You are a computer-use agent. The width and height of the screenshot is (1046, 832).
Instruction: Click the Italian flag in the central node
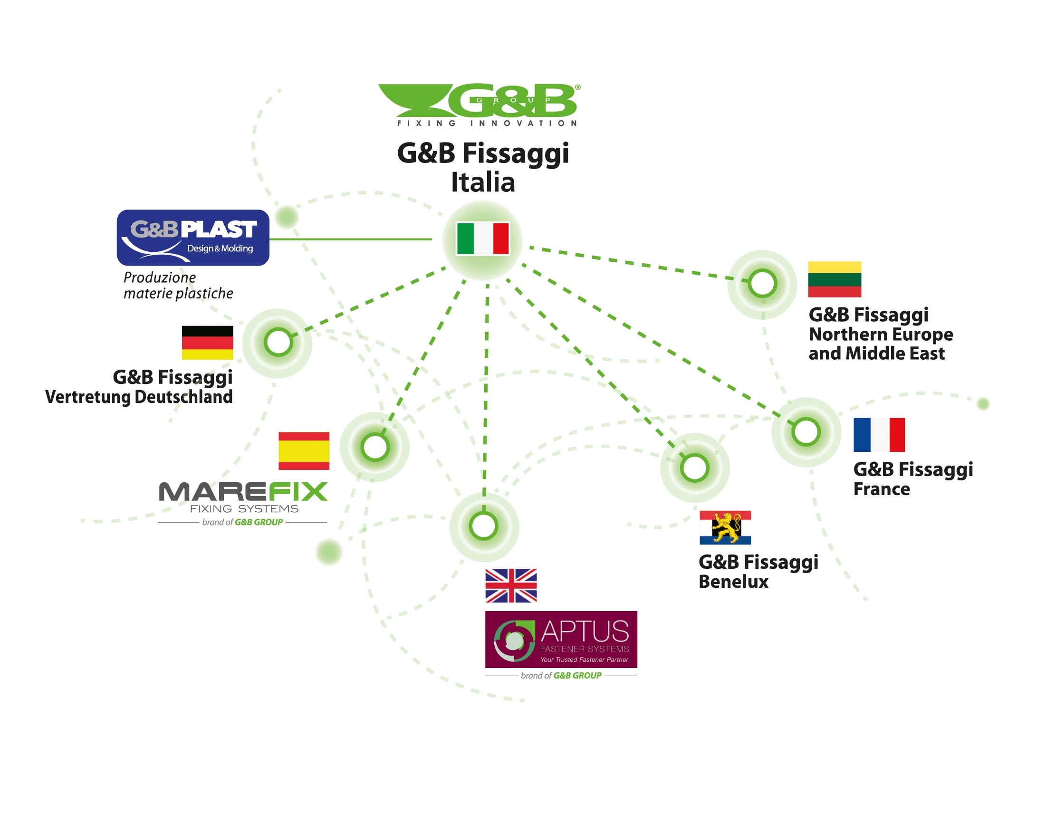pos(483,238)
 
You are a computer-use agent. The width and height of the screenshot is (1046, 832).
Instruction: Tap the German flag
pos(207,343)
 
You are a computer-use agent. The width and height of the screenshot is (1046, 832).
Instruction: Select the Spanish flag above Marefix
pos(304,451)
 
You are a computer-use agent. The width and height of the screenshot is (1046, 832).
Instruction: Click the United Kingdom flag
pos(511,585)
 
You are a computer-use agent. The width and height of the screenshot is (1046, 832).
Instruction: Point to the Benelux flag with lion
pos(725,527)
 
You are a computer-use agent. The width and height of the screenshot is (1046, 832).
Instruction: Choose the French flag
pos(879,435)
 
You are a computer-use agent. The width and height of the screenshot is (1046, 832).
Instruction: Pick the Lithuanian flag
pos(835,279)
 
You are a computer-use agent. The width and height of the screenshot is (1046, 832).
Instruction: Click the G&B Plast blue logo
pos(193,237)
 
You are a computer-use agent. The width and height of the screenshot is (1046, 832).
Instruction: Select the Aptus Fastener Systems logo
pos(561,640)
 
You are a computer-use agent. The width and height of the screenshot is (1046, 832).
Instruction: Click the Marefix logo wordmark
pos(243,492)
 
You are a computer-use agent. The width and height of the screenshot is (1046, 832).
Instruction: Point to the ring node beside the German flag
pos(278,342)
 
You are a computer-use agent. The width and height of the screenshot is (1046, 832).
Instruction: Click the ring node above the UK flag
pos(484,526)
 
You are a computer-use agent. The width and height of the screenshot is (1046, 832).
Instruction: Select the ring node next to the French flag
pos(806,432)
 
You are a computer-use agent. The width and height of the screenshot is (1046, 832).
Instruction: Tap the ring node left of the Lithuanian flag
pos(762,283)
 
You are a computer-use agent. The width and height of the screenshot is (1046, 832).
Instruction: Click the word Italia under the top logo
pos(483,182)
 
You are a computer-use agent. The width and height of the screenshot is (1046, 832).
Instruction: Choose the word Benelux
pos(733,582)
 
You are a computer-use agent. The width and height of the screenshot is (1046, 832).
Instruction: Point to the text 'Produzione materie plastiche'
pos(178,285)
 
